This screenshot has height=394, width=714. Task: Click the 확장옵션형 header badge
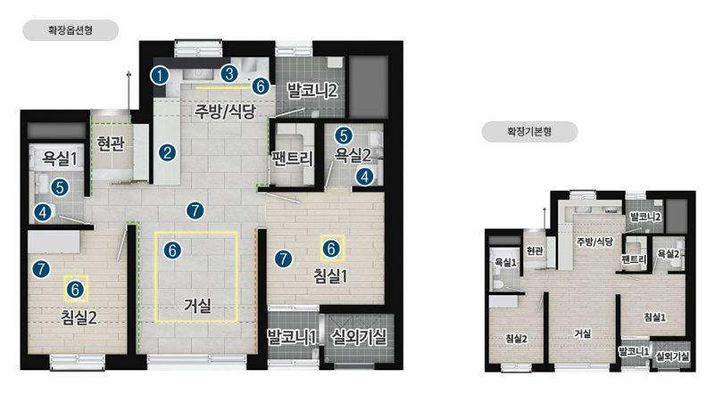[71, 30]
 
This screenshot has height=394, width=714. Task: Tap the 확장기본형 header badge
[529, 132]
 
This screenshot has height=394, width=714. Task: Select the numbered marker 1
[160, 76]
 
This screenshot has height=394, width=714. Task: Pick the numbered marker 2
[167, 152]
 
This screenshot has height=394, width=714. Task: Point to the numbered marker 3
[229, 74]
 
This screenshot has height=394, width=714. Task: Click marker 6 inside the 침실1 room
[331, 249]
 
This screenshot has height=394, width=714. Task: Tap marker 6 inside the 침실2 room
[76, 290]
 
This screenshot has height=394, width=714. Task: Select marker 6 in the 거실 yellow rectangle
[172, 250]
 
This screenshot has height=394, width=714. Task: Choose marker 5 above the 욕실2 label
[344, 135]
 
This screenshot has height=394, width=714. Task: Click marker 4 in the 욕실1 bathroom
[43, 212]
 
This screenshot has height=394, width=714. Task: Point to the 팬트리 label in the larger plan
[293, 159]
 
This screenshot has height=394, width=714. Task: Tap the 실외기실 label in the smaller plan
[672, 357]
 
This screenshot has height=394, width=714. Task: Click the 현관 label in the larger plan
[111, 144]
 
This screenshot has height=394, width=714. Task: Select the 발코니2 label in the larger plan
[311, 90]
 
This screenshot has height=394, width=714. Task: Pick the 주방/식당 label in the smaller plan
[594, 242]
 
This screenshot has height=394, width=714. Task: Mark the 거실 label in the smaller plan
[583, 333]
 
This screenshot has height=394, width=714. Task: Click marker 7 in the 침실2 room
[41, 269]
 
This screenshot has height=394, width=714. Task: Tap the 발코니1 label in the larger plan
[292, 337]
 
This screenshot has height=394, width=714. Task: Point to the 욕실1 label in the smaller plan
[505, 262]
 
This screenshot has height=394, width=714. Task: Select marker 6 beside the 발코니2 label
[261, 86]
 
